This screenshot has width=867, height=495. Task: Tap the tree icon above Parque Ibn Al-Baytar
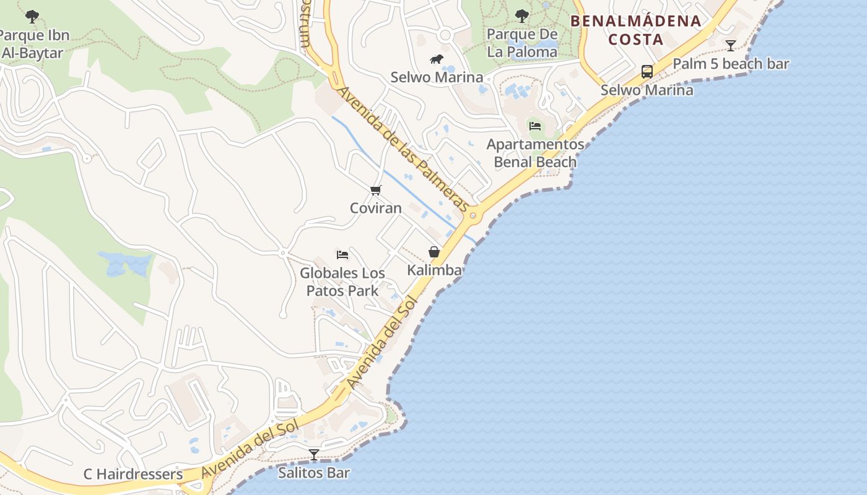point(32,17)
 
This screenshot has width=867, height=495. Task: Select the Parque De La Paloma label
point(522,43)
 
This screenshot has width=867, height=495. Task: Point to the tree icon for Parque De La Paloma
point(522,15)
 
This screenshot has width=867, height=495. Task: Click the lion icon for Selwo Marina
point(437,59)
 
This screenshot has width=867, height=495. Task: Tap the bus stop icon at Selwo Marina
point(647,72)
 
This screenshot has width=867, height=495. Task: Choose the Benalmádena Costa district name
point(635,30)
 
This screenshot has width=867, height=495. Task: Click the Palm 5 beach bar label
point(731,64)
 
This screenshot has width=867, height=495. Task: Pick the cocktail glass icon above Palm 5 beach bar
point(731,45)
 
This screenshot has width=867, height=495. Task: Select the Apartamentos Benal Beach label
point(535,153)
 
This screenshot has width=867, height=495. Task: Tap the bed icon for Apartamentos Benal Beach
point(535,126)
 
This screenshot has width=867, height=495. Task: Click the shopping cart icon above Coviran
point(376,190)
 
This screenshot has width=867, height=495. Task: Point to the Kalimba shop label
point(434,270)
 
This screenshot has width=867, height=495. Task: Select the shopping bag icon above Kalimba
point(434,252)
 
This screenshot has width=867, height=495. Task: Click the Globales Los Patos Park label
point(342,282)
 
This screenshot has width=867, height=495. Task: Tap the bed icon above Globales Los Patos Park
point(342,254)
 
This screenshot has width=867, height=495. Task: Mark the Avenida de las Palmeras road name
point(403,148)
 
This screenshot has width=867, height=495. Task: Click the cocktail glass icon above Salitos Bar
point(314,455)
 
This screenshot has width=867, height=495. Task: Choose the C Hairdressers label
point(133,475)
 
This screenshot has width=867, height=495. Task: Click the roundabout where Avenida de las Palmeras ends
point(474,216)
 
